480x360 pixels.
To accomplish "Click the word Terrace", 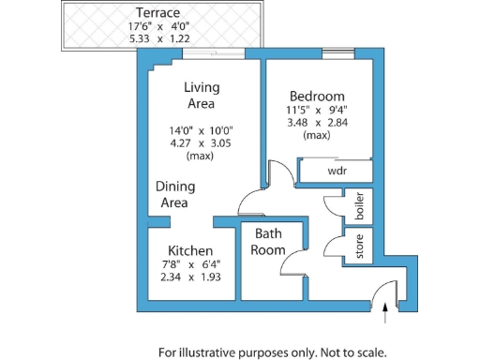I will (x=157, y=12).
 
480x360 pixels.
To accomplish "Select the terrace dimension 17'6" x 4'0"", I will (x=157, y=27).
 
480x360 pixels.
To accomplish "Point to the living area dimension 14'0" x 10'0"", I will (x=201, y=130).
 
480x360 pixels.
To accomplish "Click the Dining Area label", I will (x=175, y=194).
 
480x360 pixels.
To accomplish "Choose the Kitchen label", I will (x=189, y=251).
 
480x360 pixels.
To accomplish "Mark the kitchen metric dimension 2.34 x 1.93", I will (x=189, y=278).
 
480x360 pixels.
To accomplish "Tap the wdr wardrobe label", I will (x=337, y=172).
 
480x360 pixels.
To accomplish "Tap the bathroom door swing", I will (x=295, y=264).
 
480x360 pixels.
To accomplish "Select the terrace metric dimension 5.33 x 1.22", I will (x=157, y=40).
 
